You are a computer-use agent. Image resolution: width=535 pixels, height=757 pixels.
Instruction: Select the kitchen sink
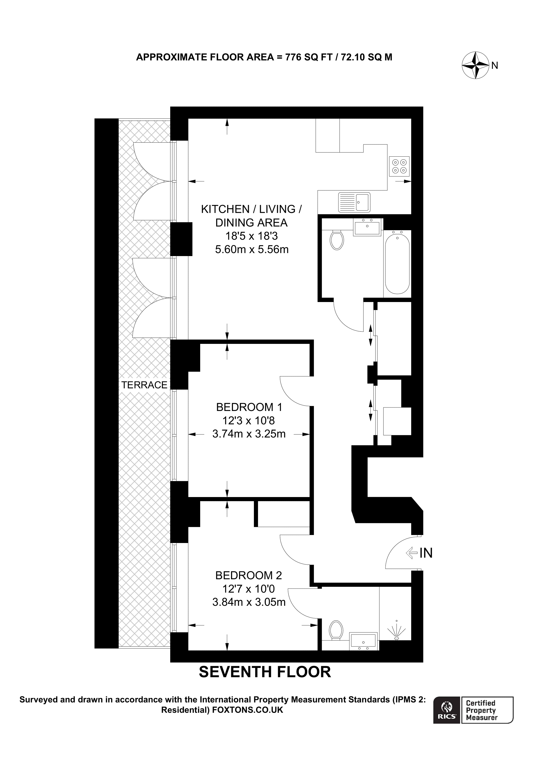tap(354, 202)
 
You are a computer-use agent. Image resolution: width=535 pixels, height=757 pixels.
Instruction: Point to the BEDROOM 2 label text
tap(249, 575)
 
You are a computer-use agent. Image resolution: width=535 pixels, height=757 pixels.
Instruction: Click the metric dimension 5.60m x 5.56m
tap(252, 249)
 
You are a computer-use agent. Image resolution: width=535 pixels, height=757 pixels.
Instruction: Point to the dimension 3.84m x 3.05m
tap(249, 602)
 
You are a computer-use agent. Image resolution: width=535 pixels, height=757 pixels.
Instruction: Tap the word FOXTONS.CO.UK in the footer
tap(248, 710)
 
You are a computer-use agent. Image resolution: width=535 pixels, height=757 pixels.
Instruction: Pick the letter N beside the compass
tap(494, 66)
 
